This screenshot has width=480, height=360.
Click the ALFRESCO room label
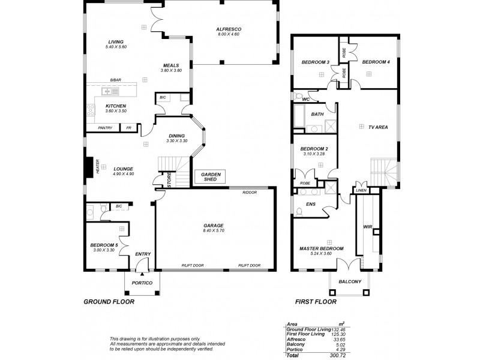(228, 29)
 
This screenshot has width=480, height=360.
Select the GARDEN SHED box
(211, 176)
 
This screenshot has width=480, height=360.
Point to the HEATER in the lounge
(89, 167)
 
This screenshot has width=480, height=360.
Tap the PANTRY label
(105, 128)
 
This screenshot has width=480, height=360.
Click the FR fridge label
(128, 128)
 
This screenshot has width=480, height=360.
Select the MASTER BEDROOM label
(321, 248)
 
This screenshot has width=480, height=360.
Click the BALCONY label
(349, 281)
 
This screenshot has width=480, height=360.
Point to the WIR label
(367, 227)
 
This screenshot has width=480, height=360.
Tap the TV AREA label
(377, 128)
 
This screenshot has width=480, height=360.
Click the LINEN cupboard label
(361, 190)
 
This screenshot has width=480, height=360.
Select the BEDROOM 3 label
(315, 62)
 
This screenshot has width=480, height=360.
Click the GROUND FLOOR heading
(109, 302)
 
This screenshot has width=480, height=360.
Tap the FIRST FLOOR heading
(316, 302)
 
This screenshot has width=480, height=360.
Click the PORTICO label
(142, 283)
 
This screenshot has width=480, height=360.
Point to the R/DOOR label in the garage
(249, 193)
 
